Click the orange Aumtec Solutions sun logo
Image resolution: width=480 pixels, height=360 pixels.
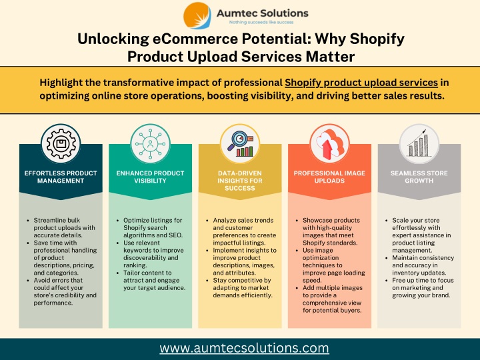[197, 15]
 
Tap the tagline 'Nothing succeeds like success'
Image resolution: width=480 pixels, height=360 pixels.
[261, 23]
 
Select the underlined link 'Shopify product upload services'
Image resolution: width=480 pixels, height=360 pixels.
[361, 83]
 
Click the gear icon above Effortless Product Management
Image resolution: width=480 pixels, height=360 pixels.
[61, 143]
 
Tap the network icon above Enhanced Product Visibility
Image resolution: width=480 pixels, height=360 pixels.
[150, 143]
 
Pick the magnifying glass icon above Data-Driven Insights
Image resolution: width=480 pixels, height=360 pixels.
[240, 143]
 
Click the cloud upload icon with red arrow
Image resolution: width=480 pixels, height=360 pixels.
[329, 143]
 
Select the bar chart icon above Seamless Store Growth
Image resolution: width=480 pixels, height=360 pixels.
[419, 143]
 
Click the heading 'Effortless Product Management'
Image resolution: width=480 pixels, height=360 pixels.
[61, 177]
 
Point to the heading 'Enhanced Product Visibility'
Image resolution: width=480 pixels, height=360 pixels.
[150, 177]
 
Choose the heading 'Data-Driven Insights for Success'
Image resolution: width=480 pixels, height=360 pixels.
[240, 181]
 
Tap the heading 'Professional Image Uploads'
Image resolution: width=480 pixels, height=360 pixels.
[329, 177]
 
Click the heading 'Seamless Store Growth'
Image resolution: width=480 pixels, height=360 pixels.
[419, 177]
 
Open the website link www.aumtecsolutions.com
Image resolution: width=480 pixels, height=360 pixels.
[244, 349]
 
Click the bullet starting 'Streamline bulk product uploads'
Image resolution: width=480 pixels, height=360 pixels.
[64, 228]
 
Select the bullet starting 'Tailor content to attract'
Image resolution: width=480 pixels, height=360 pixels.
[154, 281]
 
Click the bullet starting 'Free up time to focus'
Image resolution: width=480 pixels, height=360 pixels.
[423, 288]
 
